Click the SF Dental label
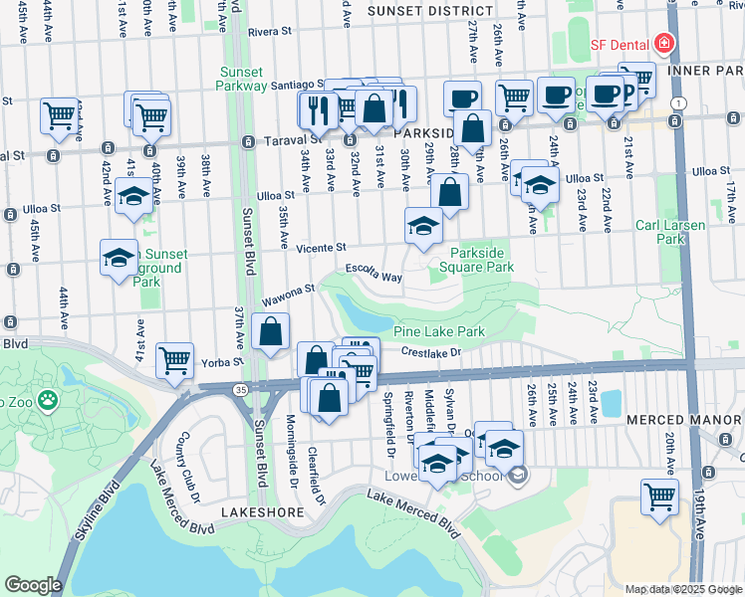(617, 44)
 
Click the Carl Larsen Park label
(683, 232)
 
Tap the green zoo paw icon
(47, 400)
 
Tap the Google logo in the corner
(33, 585)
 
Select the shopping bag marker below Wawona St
(271, 333)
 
